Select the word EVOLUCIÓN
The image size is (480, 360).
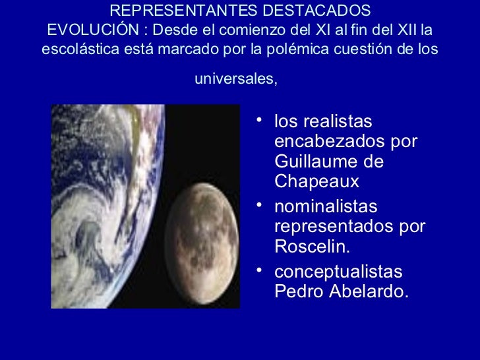87,30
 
